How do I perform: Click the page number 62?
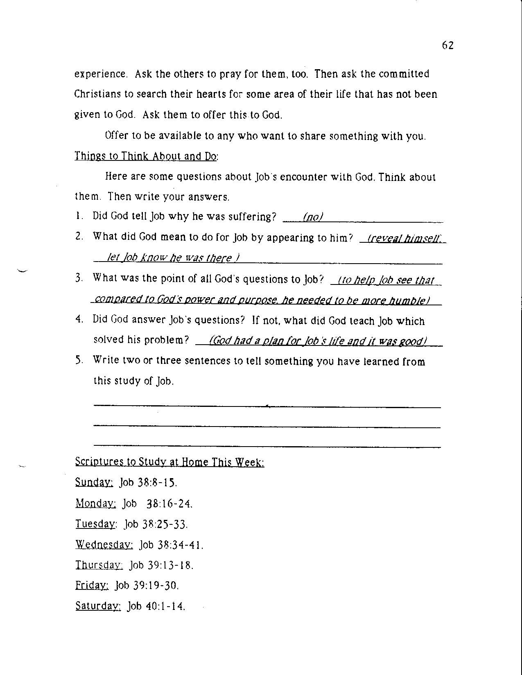click(447, 45)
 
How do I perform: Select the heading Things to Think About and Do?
click(147, 156)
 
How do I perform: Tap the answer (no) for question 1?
click(313, 217)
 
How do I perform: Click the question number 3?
click(79, 278)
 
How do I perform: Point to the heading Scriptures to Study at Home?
click(169, 462)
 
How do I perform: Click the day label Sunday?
click(94, 482)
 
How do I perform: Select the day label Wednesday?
click(104, 544)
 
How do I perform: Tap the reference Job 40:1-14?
click(156, 606)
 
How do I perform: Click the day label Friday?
click(92, 585)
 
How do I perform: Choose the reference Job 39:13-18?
click(161, 565)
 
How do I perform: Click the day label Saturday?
click(98, 606)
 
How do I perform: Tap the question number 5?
click(79, 361)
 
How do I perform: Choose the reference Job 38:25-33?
click(156, 524)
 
